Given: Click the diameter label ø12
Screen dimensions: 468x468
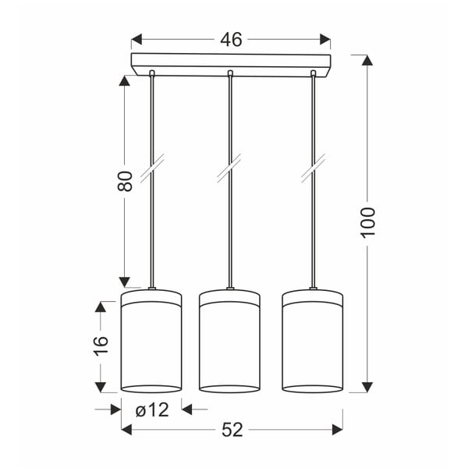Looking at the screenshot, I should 152,408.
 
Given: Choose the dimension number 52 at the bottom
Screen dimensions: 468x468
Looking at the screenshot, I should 231,428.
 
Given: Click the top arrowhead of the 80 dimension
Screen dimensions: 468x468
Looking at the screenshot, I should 123,80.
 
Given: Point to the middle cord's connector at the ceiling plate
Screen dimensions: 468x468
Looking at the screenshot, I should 230,74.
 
